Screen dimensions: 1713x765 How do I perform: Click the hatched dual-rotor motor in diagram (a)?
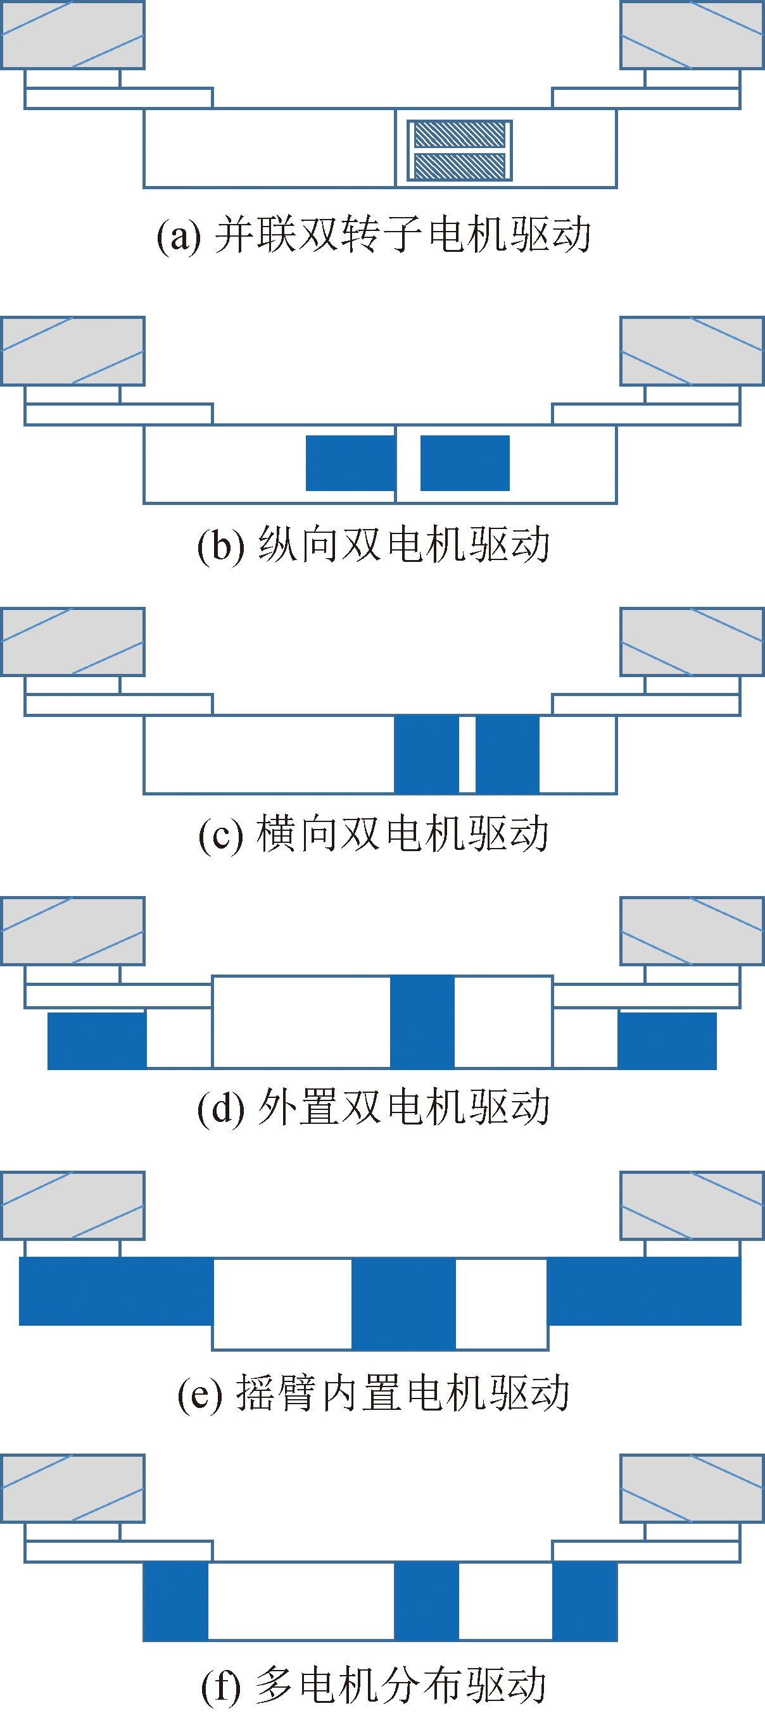(459, 150)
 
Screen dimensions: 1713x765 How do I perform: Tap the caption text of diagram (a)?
(374, 235)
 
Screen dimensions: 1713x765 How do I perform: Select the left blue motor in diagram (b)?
(350, 463)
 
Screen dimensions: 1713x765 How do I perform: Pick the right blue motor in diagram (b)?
(464, 463)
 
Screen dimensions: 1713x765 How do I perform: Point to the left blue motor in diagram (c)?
(426, 754)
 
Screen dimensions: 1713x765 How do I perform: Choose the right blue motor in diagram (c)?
(507, 754)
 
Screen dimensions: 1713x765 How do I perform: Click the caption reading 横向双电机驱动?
(374, 834)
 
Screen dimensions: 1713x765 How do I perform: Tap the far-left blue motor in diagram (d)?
(97, 1041)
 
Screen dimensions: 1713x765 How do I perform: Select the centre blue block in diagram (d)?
(422, 1021)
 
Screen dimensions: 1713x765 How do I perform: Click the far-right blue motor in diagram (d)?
(667, 1041)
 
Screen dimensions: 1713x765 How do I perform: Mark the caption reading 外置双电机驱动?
(374, 1108)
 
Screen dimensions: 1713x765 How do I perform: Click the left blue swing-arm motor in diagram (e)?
(117, 1291)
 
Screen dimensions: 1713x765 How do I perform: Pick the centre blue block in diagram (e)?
(403, 1304)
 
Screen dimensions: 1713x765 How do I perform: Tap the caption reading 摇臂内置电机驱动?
(374, 1392)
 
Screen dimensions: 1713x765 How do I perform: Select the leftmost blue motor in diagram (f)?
(175, 1600)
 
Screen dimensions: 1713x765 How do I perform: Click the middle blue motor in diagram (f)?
(426, 1600)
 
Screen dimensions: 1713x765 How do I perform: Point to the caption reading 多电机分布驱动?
(374, 1685)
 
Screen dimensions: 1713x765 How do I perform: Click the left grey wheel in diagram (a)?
(72, 35)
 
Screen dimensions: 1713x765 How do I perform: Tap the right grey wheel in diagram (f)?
(692, 1488)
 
